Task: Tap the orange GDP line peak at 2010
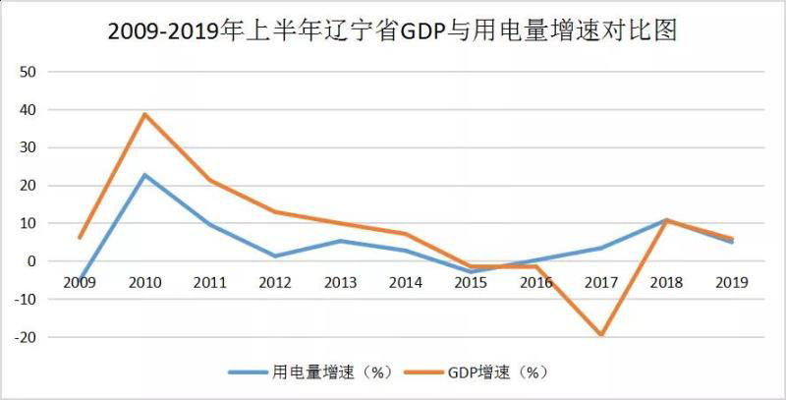pyautogui.click(x=144, y=114)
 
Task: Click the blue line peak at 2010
pyautogui.click(x=144, y=175)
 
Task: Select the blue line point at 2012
pyautogui.click(x=275, y=257)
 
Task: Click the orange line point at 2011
pyautogui.click(x=210, y=180)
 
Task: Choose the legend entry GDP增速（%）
pyautogui.click(x=496, y=372)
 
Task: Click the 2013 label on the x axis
pyautogui.click(x=340, y=282)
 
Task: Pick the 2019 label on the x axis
pyautogui.click(x=732, y=282)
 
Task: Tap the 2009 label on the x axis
pyautogui.click(x=79, y=282)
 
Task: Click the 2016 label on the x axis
pyautogui.click(x=536, y=282)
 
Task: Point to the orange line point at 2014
pyautogui.click(x=406, y=234)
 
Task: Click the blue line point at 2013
pyautogui.click(x=340, y=241)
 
